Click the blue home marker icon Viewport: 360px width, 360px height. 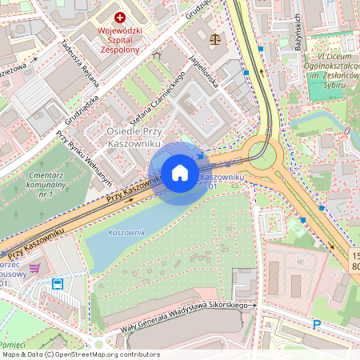(x=180, y=173)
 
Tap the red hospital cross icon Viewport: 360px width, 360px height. (x=120, y=17)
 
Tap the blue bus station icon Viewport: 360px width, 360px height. (x=58, y=283)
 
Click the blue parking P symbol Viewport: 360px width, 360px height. (x=317, y=325)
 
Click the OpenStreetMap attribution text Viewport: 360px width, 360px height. (x=81, y=354)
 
